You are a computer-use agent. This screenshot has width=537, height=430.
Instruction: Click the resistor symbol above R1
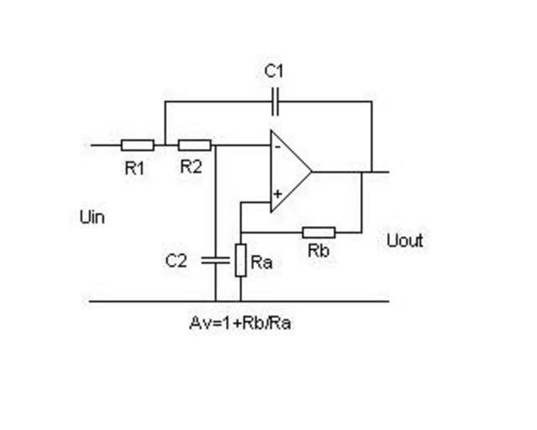tap(138, 144)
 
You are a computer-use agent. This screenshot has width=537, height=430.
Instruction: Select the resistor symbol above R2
tap(194, 144)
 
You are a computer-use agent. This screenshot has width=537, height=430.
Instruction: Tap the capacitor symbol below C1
tap(274, 102)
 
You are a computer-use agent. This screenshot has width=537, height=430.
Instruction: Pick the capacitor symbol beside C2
tap(215, 260)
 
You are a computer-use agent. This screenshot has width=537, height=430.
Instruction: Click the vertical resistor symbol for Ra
tap(241, 260)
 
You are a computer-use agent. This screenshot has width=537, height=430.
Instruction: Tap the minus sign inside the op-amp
tap(277, 147)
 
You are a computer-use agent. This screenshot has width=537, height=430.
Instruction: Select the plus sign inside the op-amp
tap(277, 195)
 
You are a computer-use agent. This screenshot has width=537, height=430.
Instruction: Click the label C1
tap(274, 71)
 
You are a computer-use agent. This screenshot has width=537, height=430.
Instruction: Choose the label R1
tap(134, 167)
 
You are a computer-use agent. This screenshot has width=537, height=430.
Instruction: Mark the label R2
tap(191, 166)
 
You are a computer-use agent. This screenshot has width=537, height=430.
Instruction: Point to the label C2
tap(176, 260)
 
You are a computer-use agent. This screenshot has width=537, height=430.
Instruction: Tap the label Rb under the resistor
tap(318, 251)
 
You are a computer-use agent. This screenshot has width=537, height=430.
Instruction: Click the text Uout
tap(404, 241)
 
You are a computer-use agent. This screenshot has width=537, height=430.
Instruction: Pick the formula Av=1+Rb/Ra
tap(241, 323)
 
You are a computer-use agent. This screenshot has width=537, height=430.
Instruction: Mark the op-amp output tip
tap(311, 171)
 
